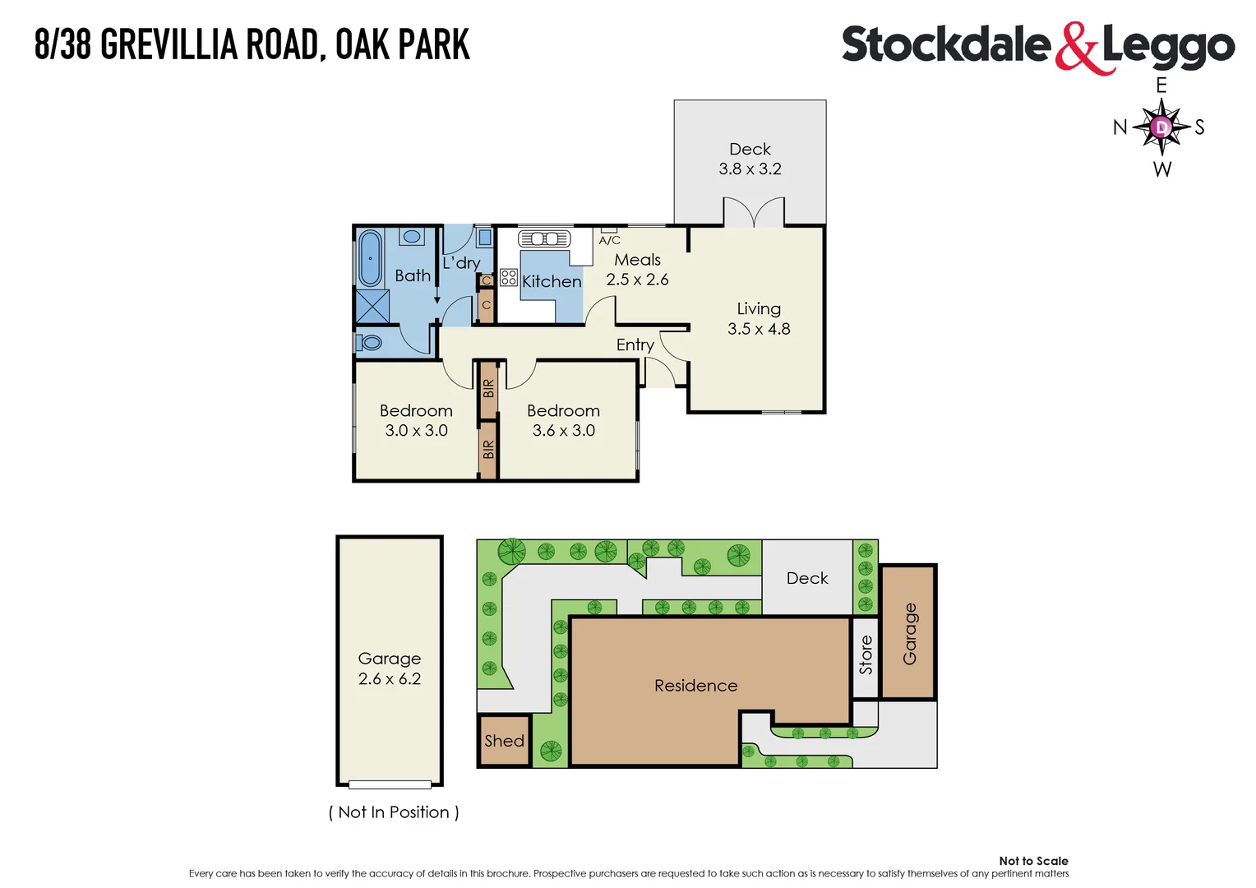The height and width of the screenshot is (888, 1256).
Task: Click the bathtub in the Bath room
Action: (x=370, y=258)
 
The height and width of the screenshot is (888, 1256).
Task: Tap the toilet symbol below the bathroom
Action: (x=369, y=342)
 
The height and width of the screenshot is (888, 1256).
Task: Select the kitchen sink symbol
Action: (x=544, y=238)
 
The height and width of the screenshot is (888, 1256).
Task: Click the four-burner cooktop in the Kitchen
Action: (x=509, y=277)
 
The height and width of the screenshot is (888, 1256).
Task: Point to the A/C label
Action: (x=610, y=240)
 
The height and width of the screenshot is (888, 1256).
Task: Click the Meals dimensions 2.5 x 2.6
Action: (x=637, y=280)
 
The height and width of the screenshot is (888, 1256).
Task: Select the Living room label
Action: (x=758, y=308)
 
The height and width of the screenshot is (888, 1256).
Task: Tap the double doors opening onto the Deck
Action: (x=754, y=212)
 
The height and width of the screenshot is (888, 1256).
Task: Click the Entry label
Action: (x=635, y=345)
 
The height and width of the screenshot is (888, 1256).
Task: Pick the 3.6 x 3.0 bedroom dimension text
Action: (x=563, y=430)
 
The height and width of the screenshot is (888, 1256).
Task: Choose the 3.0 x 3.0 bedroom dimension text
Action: (x=416, y=430)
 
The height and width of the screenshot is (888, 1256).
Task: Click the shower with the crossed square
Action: (x=372, y=306)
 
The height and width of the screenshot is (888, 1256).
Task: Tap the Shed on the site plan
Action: (x=504, y=741)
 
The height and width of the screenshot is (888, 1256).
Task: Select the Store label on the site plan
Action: (x=866, y=655)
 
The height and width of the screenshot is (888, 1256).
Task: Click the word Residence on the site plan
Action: (x=695, y=686)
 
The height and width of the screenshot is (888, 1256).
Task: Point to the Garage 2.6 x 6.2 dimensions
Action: (x=390, y=679)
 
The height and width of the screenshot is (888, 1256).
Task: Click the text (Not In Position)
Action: (x=394, y=812)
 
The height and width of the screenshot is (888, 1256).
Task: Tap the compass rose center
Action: (x=1161, y=127)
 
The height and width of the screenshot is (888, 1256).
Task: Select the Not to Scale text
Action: (x=1033, y=861)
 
